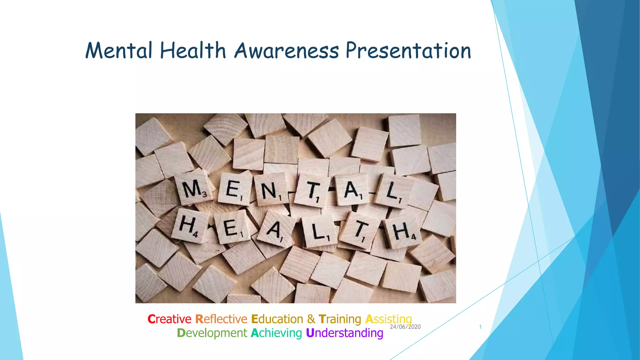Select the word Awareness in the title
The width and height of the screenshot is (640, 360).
pos(287,51)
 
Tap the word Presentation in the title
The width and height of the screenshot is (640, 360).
pos(408,51)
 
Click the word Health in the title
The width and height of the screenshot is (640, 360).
pos(193,51)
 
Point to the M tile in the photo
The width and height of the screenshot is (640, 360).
pos(194,189)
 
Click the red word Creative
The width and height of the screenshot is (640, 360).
pos(169,319)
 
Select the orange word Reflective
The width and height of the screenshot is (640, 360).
pos(221,319)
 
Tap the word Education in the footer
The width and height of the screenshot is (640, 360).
pos(277,319)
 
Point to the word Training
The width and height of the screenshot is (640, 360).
pos(340,319)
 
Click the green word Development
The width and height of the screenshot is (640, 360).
pos(212,333)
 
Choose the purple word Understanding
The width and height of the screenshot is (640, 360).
pos(344,333)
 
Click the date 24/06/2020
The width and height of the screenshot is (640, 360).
pos(405,327)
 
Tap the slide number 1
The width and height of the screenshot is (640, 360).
pos(480,327)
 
